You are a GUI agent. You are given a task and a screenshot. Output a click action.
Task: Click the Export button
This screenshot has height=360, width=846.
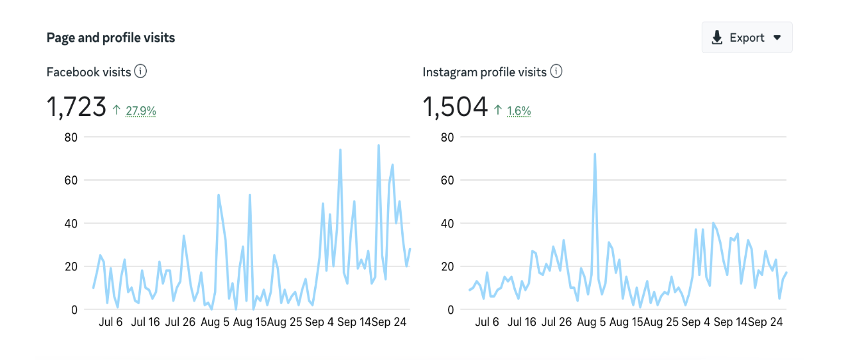click(x=747, y=38)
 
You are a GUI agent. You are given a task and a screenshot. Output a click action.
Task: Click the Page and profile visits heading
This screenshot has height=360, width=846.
click(x=111, y=38)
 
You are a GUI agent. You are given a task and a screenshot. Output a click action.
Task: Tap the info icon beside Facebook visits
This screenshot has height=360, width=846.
click(x=140, y=72)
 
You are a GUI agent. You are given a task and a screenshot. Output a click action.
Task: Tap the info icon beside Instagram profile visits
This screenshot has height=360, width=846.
click(x=556, y=72)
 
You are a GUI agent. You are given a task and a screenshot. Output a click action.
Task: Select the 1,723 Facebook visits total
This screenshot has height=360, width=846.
click(x=76, y=106)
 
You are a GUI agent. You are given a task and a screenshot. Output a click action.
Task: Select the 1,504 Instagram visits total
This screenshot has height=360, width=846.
click(x=455, y=106)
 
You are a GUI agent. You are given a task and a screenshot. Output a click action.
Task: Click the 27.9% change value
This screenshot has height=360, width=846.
click(x=141, y=111)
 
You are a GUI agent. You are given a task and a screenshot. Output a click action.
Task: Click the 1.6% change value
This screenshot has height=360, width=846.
click(x=518, y=111)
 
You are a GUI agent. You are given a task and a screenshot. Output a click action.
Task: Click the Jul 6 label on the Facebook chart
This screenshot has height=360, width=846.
click(x=110, y=322)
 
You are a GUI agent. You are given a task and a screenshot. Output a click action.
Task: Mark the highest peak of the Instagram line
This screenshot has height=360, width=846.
click(x=595, y=154)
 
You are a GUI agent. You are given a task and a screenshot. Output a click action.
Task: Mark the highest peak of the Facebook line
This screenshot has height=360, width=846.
click(x=378, y=145)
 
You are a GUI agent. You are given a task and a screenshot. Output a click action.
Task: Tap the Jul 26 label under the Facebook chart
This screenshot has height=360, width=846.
click(x=180, y=322)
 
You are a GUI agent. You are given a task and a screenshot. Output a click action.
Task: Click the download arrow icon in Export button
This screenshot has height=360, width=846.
click(x=717, y=38)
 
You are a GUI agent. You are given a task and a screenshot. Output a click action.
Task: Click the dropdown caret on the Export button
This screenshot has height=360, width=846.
click(x=777, y=38)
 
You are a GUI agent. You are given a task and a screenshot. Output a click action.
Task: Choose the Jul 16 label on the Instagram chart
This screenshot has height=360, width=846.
click(x=522, y=322)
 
